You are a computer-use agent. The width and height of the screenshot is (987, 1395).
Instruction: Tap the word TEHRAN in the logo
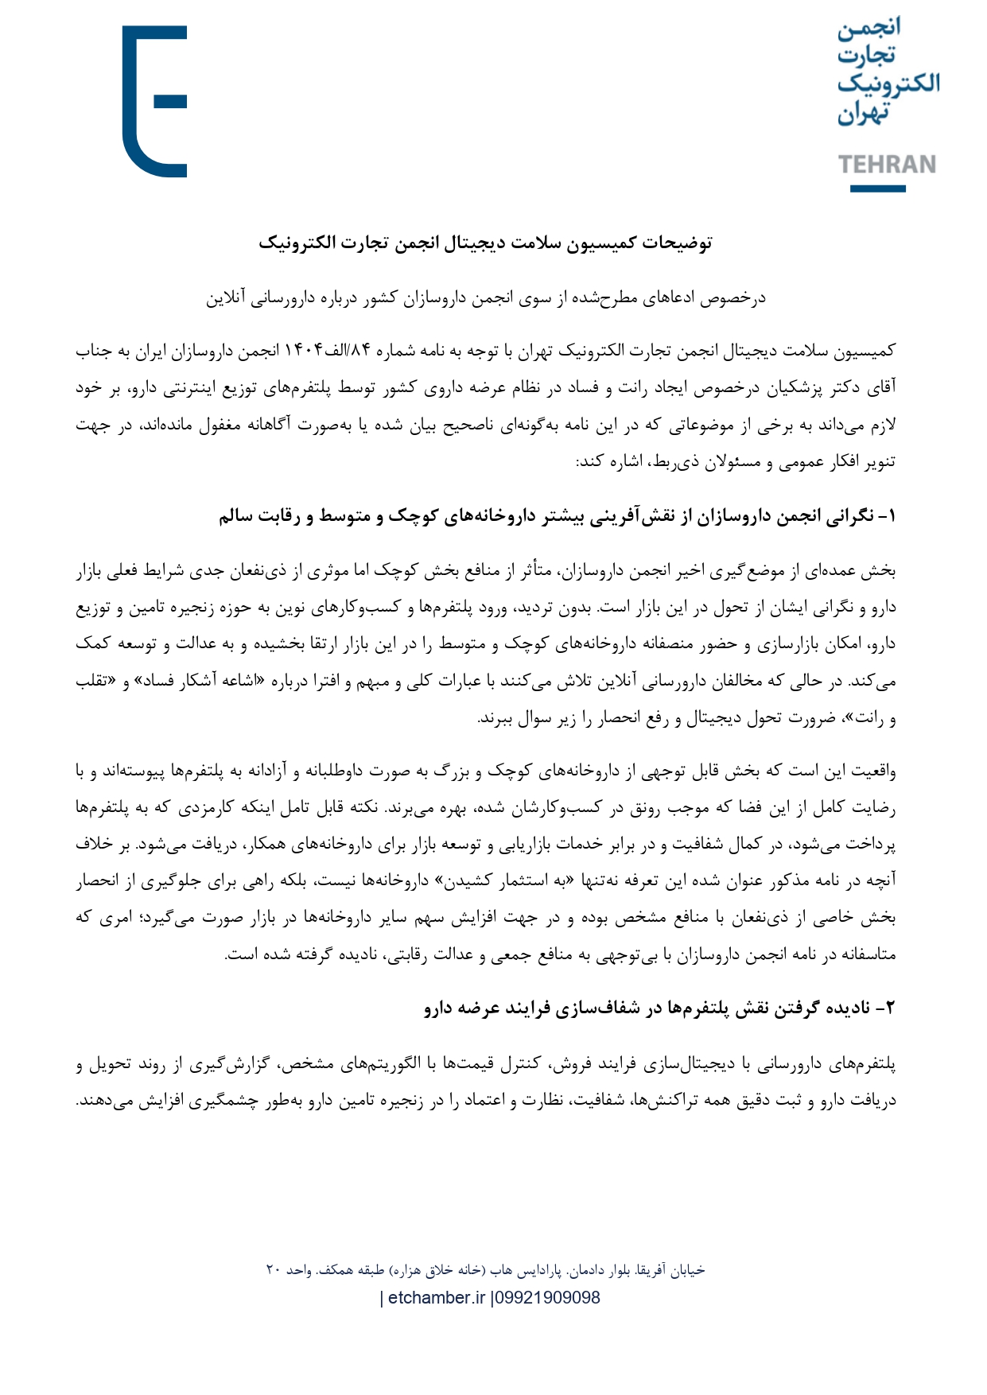click(x=887, y=165)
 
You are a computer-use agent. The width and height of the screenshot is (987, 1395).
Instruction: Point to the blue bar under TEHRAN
click(x=877, y=188)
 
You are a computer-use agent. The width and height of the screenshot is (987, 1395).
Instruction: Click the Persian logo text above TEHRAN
click(x=887, y=72)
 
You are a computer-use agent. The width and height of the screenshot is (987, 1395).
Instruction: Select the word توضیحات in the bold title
click(x=678, y=243)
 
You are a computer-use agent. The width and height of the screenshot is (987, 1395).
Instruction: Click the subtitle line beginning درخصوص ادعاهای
click(x=485, y=297)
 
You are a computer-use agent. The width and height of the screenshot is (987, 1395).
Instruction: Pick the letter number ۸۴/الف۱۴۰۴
click(x=327, y=351)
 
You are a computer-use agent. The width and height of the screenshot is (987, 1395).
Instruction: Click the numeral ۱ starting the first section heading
click(x=890, y=517)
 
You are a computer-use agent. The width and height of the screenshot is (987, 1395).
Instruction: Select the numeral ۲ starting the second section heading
click(x=890, y=1008)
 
